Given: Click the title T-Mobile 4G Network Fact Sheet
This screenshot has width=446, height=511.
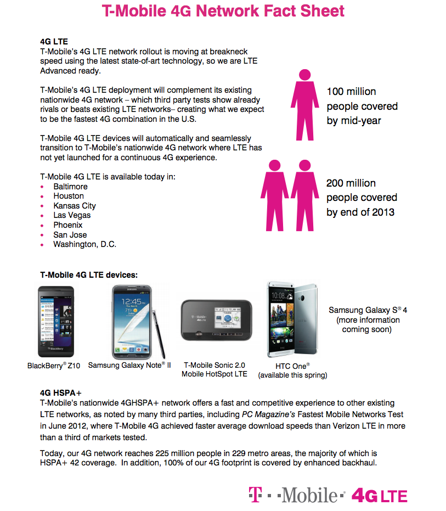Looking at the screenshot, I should [x=223, y=11].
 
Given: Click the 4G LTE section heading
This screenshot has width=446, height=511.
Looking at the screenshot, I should [x=54, y=41].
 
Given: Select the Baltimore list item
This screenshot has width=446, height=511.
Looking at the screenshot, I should [x=70, y=187].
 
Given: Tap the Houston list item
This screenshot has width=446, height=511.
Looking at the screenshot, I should [x=69, y=196].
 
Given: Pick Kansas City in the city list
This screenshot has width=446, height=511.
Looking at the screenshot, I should [x=75, y=206].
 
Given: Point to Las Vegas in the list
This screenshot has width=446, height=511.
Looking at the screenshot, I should [x=72, y=215].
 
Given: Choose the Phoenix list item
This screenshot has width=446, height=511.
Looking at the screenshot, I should [x=68, y=225].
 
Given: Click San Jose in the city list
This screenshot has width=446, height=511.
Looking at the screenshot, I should [x=70, y=235].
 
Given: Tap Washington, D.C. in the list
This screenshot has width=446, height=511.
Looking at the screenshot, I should [x=84, y=244].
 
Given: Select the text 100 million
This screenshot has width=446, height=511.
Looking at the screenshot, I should [x=351, y=92].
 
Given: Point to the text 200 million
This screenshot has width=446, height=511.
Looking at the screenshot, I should [x=351, y=183].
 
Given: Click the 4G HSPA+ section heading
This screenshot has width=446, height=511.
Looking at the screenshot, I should [x=61, y=393].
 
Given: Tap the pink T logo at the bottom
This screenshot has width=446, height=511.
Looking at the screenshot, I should [x=253, y=493].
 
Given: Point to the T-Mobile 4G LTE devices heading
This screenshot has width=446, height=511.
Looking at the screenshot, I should [x=89, y=274].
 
